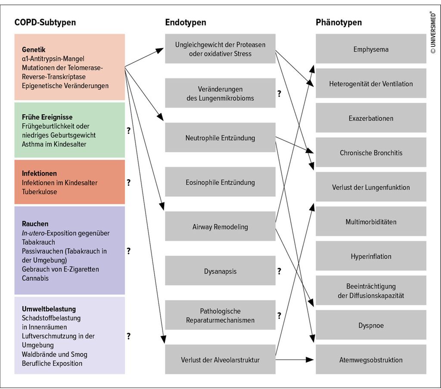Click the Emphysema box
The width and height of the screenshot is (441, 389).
[x=371, y=49]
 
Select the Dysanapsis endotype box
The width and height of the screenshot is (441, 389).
[x=220, y=270]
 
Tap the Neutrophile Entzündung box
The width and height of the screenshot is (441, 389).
[x=220, y=137]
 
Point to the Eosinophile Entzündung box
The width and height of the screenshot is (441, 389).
[x=220, y=182]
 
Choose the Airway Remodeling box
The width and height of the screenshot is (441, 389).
[x=220, y=226]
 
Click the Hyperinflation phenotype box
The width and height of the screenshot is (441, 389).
[x=371, y=256]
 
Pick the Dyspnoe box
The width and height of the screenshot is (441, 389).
[x=371, y=325]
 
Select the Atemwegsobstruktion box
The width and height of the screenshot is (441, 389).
[x=371, y=359]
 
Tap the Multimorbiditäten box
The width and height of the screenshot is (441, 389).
[x=371, y=221]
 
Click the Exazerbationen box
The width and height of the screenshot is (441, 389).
[x=371, y=117]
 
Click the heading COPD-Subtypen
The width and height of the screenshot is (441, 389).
[x=45, y=22]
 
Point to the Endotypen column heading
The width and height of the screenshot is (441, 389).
[x=185, y=22]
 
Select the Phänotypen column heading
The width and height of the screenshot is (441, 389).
[x=339, y=22]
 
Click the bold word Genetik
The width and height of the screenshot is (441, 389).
[x=34, y=49]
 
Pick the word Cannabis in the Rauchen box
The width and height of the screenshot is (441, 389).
[x=35, y=278]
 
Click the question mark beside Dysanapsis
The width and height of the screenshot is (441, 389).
[x=279, y=271]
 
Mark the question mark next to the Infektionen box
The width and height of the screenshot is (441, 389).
[x=128, y=182]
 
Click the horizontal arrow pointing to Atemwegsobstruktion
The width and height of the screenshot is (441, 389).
[x=295, y=359]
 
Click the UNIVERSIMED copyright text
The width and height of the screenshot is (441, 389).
[x=433, y=32]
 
